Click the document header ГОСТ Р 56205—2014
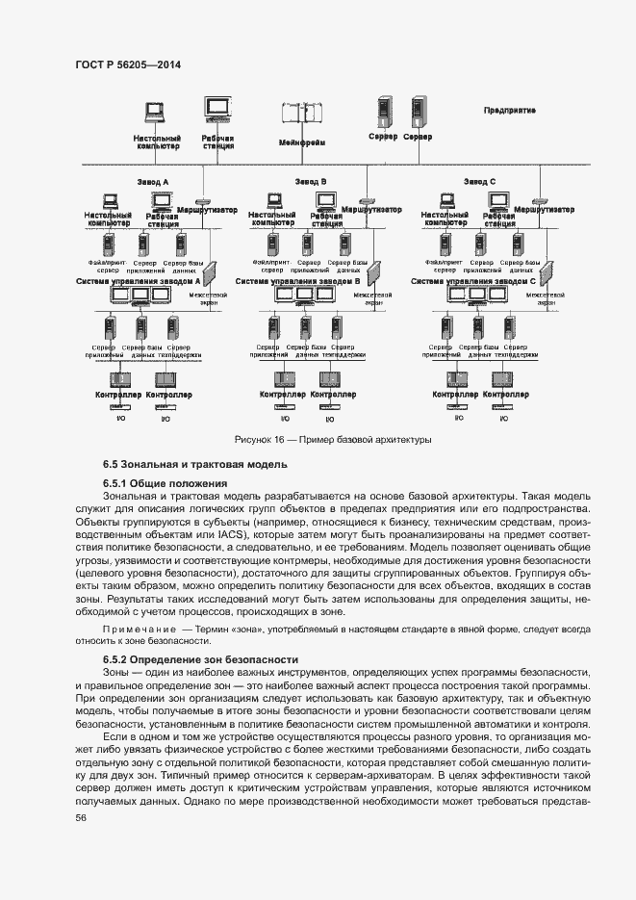coord(128,64)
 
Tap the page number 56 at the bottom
coord(81,817)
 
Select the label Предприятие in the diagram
coord(509,111)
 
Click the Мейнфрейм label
coord(301,142)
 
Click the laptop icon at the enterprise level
coord(156,113)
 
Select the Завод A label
coord(153,181)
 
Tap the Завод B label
coord(311,181)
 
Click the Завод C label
coord(479,181)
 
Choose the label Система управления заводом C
coord(473,281)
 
